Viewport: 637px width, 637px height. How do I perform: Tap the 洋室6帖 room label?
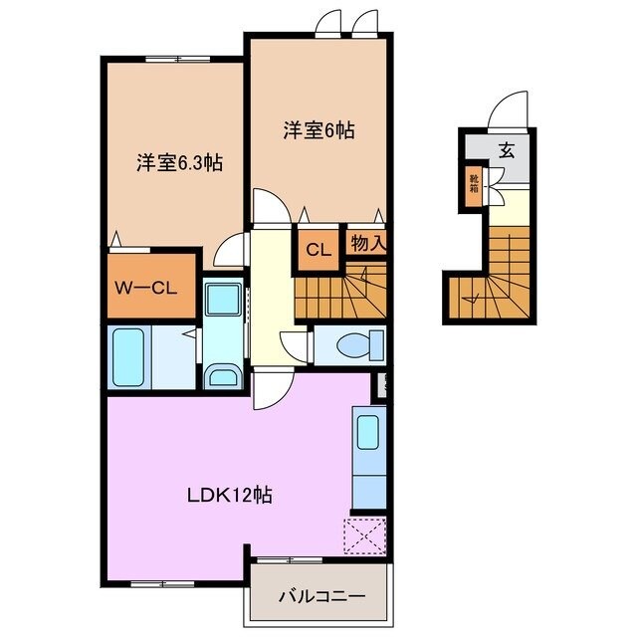click(x=318, y=128)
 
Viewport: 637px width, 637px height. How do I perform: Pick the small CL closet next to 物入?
click(x=318, y=249)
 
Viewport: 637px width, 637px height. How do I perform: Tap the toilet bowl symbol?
click(x=352, y=345)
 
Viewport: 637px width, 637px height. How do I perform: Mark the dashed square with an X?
click(x=365, y=536)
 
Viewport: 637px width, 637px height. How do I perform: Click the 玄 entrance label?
click(x=507, y=151)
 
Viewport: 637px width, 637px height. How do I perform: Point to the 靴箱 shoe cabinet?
click(x=475, y=186)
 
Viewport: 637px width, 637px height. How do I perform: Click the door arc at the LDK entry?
click(x=269, y=392)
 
